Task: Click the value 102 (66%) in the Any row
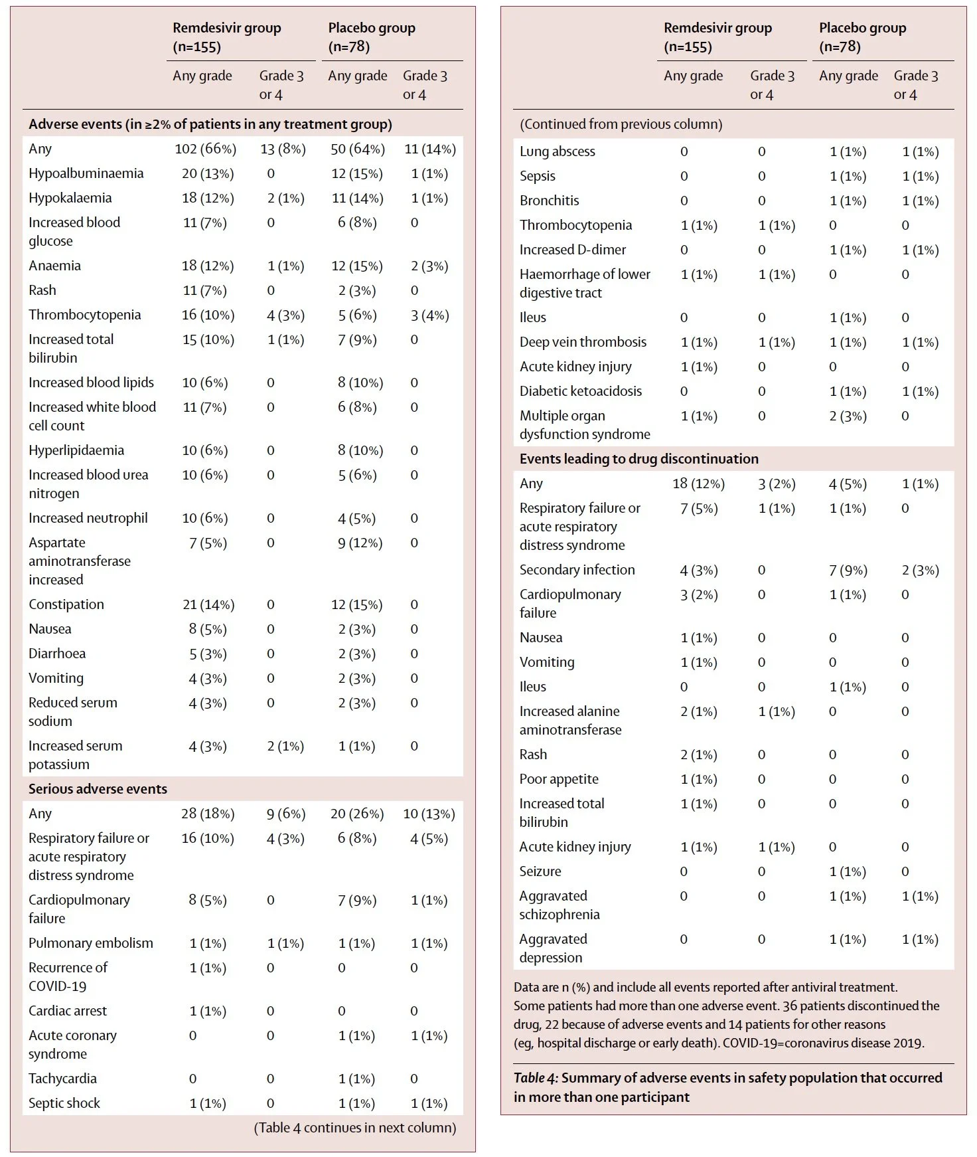(205, 149)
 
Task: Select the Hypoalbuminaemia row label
(86, 173)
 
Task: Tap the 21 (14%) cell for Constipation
(208, 604)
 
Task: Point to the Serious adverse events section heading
(98, 789)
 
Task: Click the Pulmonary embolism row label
(90, 943)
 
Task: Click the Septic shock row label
(64, 1103)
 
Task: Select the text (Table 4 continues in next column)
(354, 1128)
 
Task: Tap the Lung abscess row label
(557, 151)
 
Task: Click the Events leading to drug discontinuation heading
(639, 459)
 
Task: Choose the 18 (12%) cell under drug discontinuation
(698, 484)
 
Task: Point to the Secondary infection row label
(577, 570)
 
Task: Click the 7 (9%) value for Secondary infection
(848, 570)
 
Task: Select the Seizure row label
(540, 871)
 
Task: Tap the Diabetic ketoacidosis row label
(580, 391)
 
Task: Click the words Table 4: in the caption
(536, 1078)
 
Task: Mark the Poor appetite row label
(558, 779)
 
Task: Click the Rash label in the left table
(42, 290)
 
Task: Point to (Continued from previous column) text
(621, 124)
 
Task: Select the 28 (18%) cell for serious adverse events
(207, 814)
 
